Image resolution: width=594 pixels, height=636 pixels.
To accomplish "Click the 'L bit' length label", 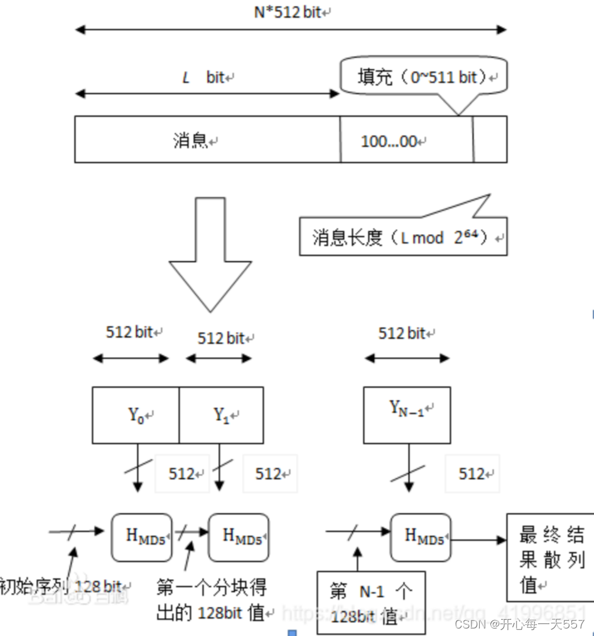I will coord(207,78).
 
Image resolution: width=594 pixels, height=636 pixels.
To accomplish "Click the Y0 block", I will coord(136,415).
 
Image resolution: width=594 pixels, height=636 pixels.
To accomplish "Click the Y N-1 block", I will coord(407,415).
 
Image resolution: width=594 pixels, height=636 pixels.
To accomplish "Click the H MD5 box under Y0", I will coord(141,537).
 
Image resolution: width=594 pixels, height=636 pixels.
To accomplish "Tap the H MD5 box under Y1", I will coord(238,537).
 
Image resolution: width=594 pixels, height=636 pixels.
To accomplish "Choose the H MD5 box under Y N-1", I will coord(421,537).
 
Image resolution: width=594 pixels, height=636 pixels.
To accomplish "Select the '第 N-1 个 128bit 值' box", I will coord(371,603).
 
